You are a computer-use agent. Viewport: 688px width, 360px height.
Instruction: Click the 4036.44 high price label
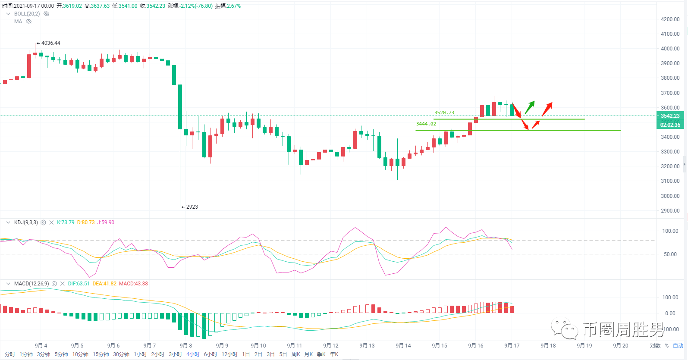click(50, 43)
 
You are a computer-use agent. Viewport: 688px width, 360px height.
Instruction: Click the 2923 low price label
click(192, 207)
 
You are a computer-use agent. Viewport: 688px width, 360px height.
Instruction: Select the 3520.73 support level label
click(444, 113)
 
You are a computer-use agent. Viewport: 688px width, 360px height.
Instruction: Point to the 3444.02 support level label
click(426, 124)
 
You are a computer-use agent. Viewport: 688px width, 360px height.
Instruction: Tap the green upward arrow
click(530, 107)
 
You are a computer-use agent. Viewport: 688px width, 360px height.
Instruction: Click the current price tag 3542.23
click(670, 116)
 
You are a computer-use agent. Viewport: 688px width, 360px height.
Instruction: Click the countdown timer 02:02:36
click(670, 125)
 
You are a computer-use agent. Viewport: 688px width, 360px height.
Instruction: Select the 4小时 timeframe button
click(193, 354)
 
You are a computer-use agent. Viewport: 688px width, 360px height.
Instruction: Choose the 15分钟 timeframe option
click(101, 354)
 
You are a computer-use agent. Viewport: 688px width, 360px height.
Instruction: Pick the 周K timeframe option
click(296, 354)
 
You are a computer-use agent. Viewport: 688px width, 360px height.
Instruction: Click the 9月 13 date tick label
click(367, 346)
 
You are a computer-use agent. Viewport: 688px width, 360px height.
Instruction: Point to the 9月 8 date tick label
click(186, 346)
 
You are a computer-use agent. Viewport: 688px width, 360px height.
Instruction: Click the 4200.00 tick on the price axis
click(670, 19)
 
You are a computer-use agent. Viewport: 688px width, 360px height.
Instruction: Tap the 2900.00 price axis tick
click(670, 211)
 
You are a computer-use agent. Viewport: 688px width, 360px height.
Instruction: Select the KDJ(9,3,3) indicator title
click(26, 222)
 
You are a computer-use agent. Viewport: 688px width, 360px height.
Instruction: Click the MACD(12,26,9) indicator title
click(31, 284)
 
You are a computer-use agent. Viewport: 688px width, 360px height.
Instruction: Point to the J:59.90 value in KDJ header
click(106, 222)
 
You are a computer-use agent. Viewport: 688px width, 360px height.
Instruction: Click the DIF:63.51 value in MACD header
click(79, 284)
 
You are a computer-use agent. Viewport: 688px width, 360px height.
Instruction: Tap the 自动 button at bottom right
click(678, 346)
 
